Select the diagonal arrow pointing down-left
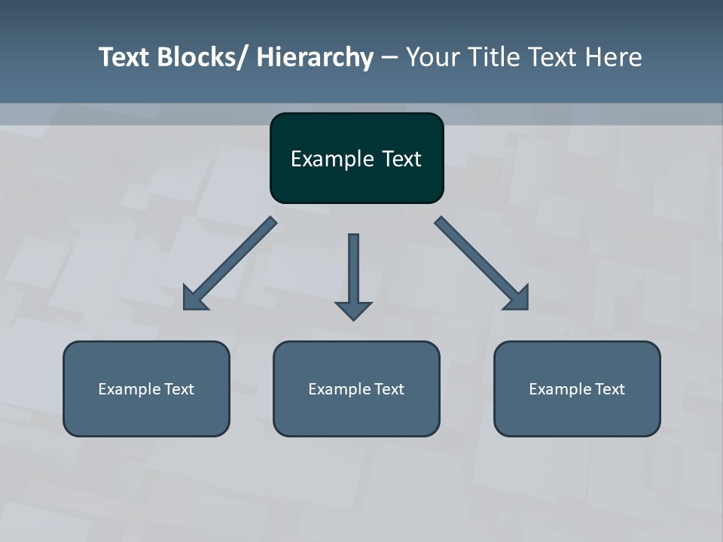[230, 263]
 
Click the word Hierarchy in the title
[315, 57]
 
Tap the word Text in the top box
[401, 160]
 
